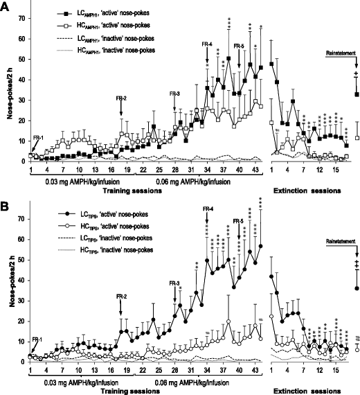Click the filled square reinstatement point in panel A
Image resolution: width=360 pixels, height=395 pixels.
(x=357, y=94)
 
